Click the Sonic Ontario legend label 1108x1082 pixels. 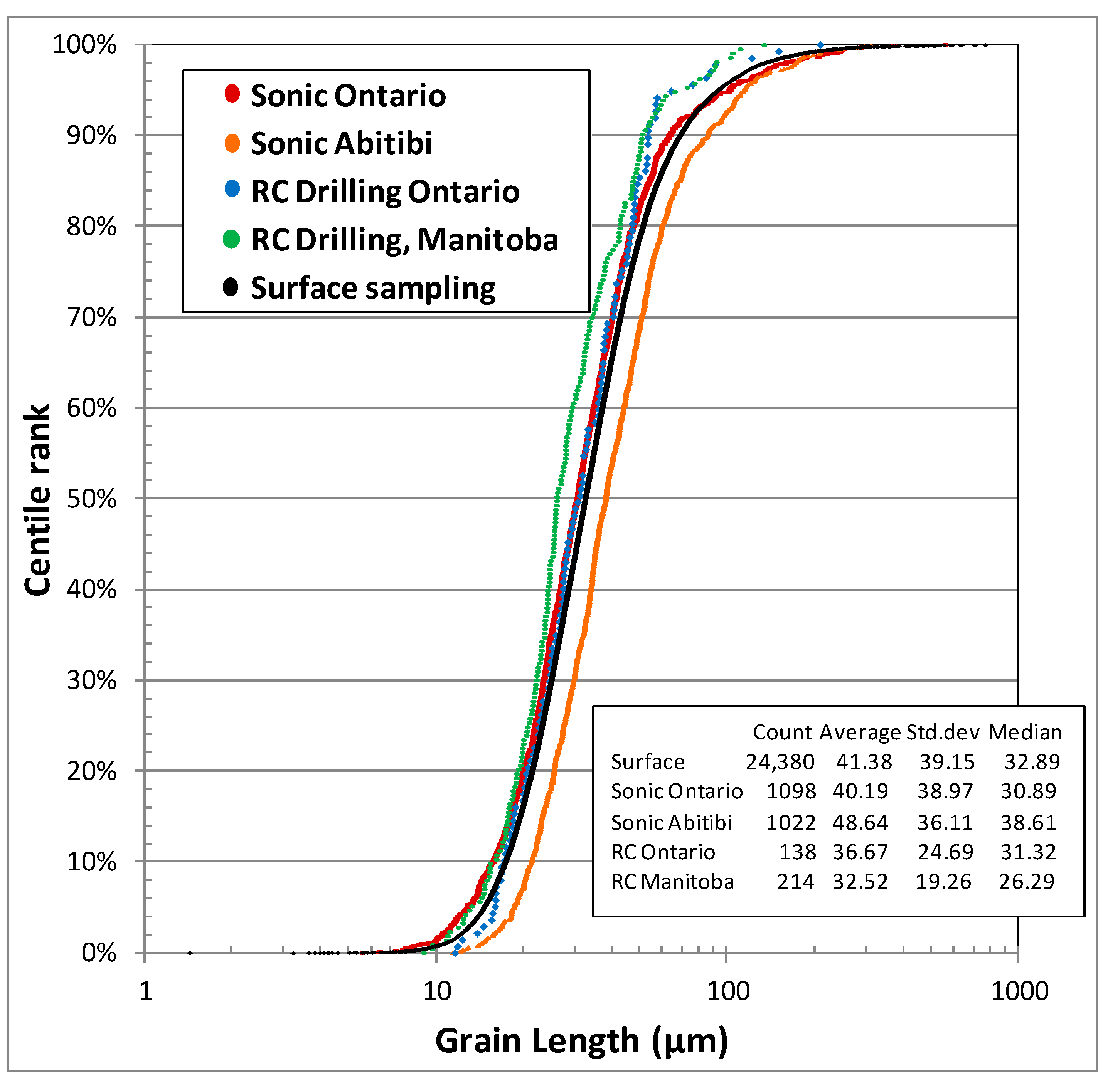click(348, 96)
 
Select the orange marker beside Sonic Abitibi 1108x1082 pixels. click(232, 143)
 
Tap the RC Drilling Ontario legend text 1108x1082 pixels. click(385, 192)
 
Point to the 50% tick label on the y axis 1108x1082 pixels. click(91, 499)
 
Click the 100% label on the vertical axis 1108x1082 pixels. click(85, 45)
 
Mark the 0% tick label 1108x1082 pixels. click(99, 953)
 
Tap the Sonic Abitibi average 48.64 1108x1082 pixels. click(860, 822)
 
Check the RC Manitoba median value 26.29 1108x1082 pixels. click(1027, 881)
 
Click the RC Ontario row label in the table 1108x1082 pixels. click(663, 852)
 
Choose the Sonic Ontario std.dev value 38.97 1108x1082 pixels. click(945, 791)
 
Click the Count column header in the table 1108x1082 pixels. click(782, 733)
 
